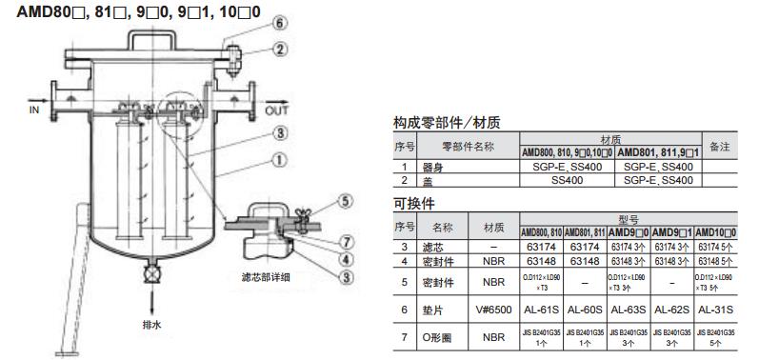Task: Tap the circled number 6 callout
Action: (277, 22)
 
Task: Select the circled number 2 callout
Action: (277, 48)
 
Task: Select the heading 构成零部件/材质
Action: (447, 123)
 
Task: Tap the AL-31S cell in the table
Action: (716, 310)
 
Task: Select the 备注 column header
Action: (719, 147)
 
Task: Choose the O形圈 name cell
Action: (443, 335)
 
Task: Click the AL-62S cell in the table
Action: (672, 310)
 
